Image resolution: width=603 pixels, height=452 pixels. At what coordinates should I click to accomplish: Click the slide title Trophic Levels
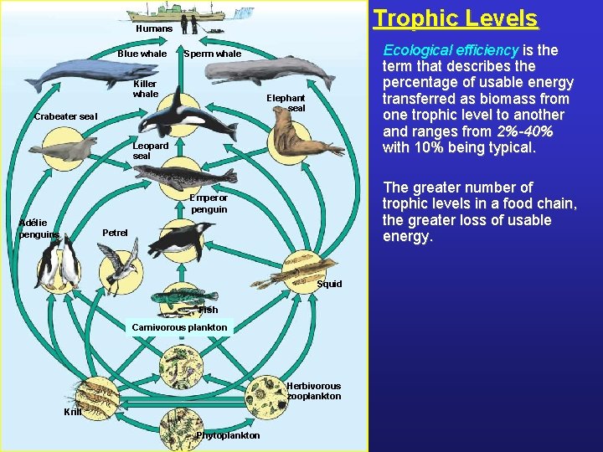455,18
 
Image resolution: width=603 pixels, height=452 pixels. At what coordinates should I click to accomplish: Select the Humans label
154,28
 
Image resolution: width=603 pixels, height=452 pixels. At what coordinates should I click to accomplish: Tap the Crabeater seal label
65,116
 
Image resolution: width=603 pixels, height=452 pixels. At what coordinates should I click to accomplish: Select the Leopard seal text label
151,151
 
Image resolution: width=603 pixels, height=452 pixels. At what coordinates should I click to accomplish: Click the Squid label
329,284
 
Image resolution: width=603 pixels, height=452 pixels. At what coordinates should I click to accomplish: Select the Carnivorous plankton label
179,327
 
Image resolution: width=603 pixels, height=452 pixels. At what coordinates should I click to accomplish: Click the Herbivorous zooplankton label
313,391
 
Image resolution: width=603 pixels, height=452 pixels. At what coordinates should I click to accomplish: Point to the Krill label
73,412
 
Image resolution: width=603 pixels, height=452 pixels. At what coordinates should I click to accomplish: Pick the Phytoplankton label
228,435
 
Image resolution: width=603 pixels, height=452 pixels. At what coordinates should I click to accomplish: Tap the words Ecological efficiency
450,50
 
